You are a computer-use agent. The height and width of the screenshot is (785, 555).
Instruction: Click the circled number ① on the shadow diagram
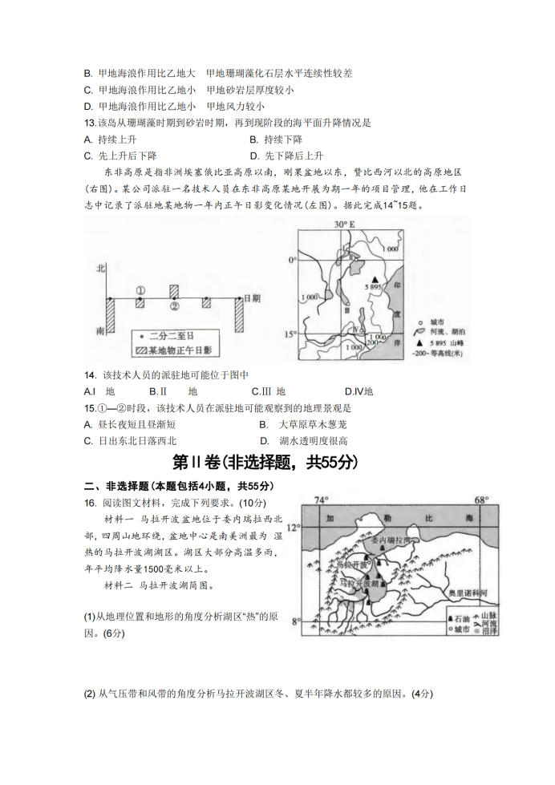click(x=140, y=290)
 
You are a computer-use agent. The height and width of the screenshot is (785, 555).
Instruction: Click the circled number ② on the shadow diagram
click(x=174, y=306)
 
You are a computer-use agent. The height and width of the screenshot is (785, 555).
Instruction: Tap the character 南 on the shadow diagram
click(x=100, y=330)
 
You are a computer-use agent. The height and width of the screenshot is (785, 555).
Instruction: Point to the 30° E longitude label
click(x=345, y=224)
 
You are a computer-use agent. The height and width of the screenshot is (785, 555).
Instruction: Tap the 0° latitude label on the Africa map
click(x=293, y=260)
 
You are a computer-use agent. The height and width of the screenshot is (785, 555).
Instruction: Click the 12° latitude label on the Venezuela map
click(x=294, y=527)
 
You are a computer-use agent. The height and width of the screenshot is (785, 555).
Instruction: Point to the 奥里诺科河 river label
click(x=468, y=593)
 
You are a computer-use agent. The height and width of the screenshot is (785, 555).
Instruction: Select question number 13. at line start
click(x=90, y=123)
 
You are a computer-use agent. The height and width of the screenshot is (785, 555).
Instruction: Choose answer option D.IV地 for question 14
click(x=359, y=391)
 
